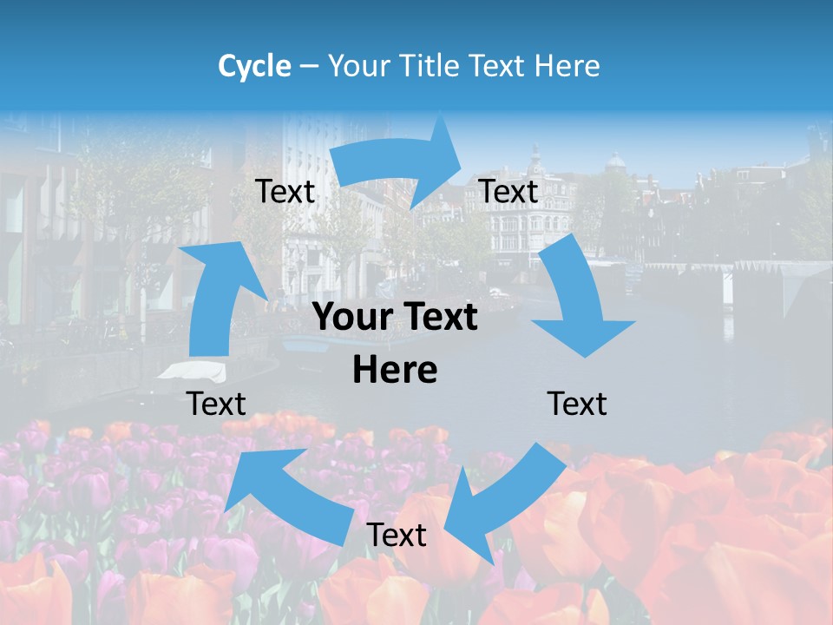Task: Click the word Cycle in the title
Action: pyautogui.click(x=254, y=66)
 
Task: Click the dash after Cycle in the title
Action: pyautogui.click(x=309, y=67)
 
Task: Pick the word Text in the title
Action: pyautogui.click(x=500, y=66)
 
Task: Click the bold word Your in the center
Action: pyautogui.click(x=356, y=317)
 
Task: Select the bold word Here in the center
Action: pyautogui.click(x=395, y=371)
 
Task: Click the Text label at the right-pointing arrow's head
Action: pyautogui.click(x=508, y=191)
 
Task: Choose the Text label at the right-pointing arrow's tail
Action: pyautogui.click(x=285, y=191)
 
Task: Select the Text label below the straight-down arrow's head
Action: pyautogui.click(x=577, y=404)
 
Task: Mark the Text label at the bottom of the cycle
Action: pyautogui.click(x=397, y=535)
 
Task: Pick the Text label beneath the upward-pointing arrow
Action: pyautogui.click(x=216, y=404)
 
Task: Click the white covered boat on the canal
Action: pyautogui.click(x=193, y=372)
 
